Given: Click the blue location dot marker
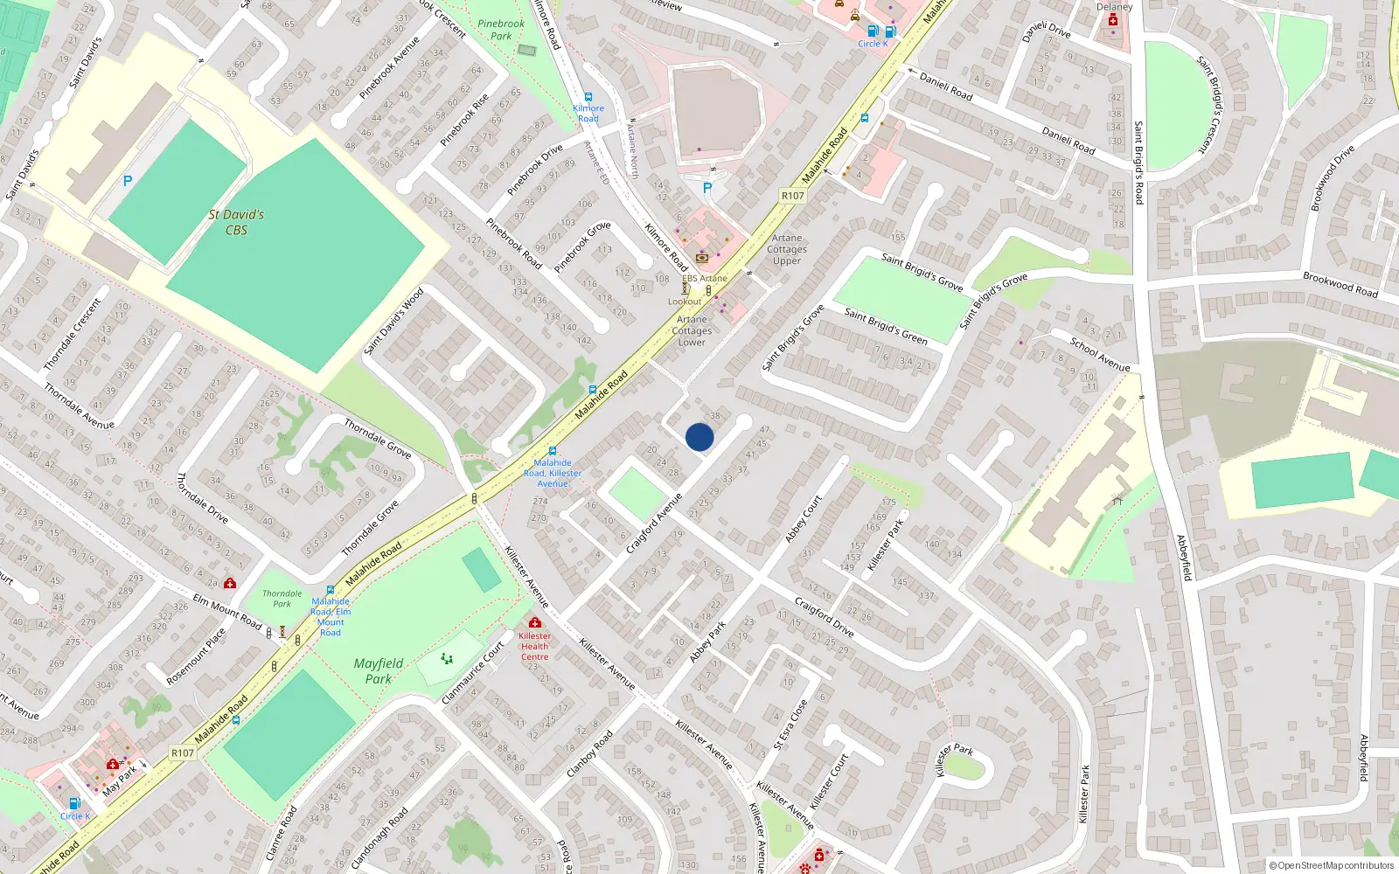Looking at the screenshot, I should point(699,437).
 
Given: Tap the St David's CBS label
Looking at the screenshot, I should point(236,222).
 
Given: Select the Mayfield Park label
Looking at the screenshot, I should point(379,670).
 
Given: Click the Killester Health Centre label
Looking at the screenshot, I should point(534,647).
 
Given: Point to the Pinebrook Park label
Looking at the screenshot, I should point(501,30).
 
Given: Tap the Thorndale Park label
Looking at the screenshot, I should point(282,599).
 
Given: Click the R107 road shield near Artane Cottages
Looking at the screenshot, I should point(792,196).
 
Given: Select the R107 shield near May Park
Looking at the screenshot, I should point(182,753).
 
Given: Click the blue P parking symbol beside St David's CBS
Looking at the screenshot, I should point(128,181).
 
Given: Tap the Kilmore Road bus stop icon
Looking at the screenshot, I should point(588,97).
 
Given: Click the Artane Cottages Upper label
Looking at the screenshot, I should point(787,249).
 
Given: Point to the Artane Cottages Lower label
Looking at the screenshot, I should point(692,330).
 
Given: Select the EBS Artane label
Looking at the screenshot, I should point(705,279).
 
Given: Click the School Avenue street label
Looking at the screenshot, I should point(1100,354).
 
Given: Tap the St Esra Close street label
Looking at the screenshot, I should point(790,725).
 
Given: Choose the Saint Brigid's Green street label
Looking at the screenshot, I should point(886,326).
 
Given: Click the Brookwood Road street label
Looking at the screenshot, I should point(1340,285).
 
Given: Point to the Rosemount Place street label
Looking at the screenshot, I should point(196,656).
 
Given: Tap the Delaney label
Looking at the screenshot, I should point(1114,7).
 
